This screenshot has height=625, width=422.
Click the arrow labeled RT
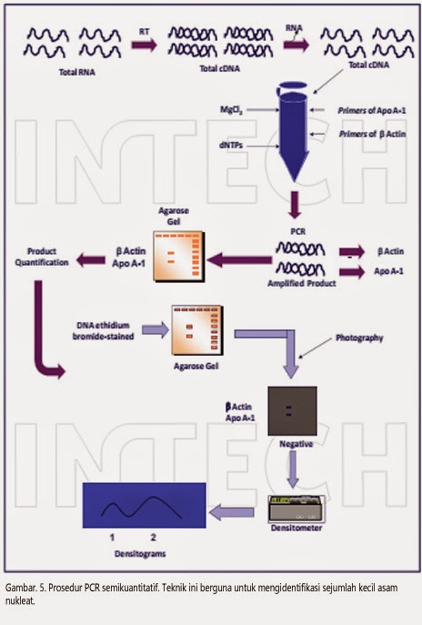point(143,42)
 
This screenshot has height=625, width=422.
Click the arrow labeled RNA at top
point(296,43)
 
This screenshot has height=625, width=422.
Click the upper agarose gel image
point(179,253)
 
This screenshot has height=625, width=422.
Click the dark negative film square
point(292,410)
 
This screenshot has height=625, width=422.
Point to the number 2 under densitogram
point(154,538)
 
